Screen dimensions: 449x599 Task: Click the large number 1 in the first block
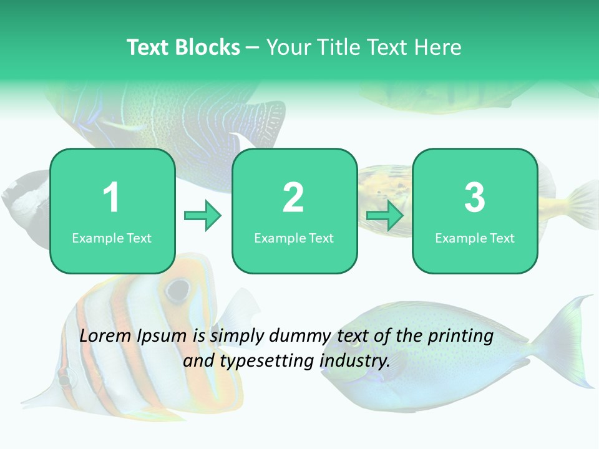[111, 198]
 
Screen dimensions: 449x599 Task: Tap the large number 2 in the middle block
[293, 198]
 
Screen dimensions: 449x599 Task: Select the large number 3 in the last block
[475, 198]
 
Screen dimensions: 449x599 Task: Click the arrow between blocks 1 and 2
[203, 216]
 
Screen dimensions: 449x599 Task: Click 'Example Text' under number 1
[112, 238]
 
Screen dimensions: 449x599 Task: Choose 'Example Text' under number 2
[294, 238]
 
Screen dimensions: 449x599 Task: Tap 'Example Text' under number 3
[475, 238]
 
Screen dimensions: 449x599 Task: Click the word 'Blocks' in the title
[208, 47]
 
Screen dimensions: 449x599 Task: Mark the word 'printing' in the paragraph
[460, 336]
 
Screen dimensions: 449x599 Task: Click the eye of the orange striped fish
[178, 289]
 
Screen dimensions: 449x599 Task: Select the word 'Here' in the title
[439, 47]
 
